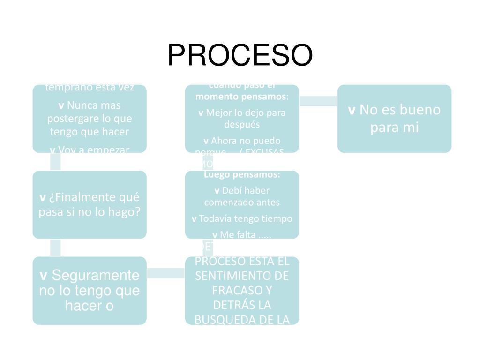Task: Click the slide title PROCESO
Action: (240, 55)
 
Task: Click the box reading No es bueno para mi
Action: (394, 119)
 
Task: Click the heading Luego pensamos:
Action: (242, 175)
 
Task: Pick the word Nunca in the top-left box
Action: (80, 105)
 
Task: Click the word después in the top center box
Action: (242, 125)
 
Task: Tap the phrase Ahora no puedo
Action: (246, 141)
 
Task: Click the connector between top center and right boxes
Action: (318, 101)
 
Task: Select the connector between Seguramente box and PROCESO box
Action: (166, 273)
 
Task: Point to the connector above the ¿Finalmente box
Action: (55, 162)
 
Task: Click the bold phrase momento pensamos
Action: (240, 97)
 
